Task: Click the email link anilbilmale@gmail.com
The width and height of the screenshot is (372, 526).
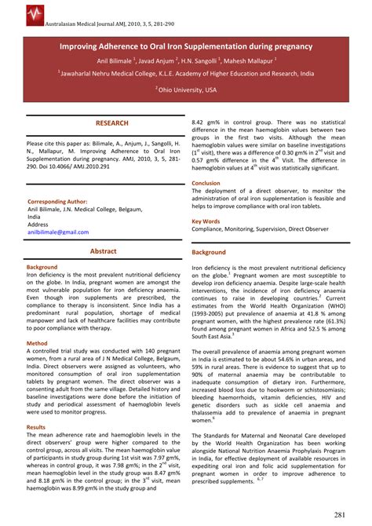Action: point(58,232)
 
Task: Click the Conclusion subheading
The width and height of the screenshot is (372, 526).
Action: point(206,183)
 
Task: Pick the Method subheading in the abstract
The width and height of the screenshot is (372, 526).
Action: point(37,343)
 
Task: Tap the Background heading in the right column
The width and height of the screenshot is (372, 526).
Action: point(210,252)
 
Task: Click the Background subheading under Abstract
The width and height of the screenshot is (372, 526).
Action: point(42,267)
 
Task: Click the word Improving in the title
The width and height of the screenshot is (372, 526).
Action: point(83,47)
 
